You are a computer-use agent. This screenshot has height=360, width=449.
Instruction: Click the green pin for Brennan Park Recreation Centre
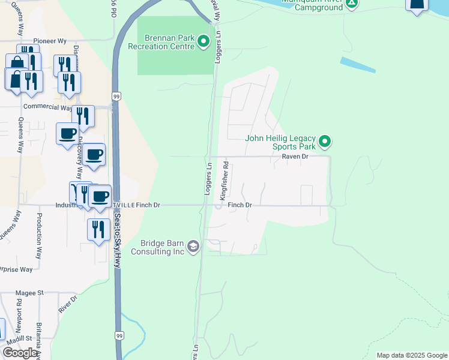[203, 42]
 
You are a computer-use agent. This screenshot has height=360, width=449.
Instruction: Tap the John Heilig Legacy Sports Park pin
[325, 142]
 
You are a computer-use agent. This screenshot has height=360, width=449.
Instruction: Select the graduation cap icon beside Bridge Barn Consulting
[193, 247]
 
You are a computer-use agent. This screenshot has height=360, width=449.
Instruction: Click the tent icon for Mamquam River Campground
[352, 3]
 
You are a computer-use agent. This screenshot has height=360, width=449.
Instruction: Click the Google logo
[20, 353]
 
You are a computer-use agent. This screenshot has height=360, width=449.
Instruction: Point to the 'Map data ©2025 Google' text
[411, 355]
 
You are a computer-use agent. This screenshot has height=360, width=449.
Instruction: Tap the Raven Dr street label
[295, 156]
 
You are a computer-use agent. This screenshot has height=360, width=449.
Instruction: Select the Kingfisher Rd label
[224, 180]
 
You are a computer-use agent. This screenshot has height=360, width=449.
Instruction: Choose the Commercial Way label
[47, 107]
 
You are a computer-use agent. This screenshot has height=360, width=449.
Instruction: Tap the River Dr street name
[69, 304]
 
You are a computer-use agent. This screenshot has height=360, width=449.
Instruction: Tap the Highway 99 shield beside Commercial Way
[116, 96]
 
